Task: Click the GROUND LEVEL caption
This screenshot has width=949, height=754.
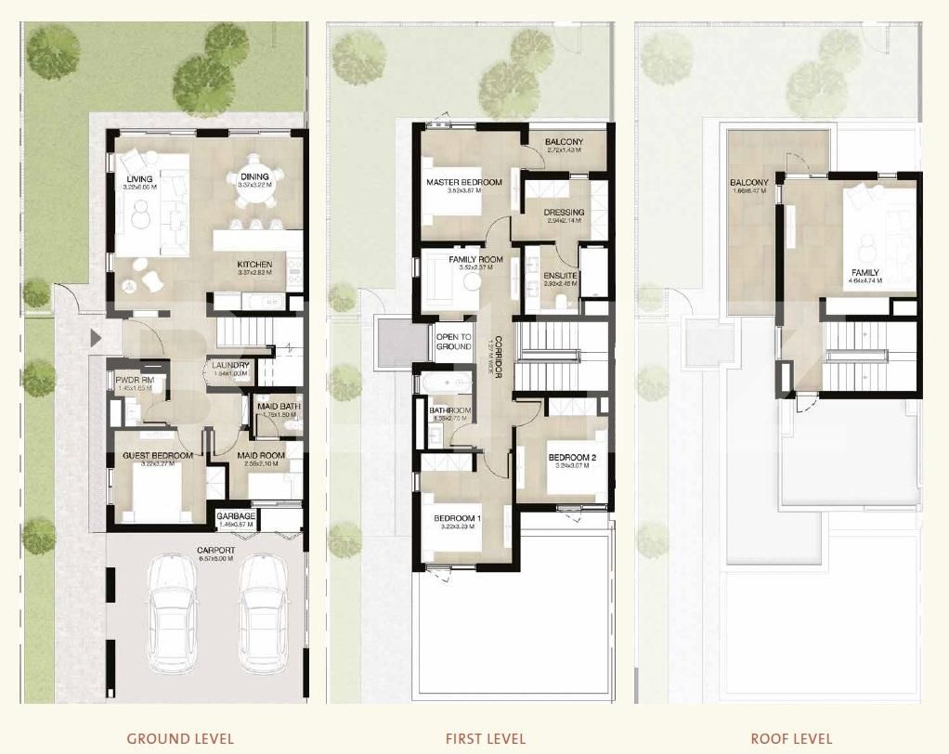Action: (x=180, y=739)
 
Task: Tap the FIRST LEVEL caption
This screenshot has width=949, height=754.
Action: (x=485, y=739)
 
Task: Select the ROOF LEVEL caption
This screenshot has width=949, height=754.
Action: (x=791, y=739)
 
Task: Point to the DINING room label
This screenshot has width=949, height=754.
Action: (x=253, y=176)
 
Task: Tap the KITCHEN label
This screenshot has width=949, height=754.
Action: (x=253, y=265)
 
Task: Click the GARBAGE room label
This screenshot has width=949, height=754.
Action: (x=236, y=516)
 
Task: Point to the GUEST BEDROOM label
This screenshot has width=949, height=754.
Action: (x=158, y=456)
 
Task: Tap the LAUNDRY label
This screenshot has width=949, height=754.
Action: (x=230, y=366)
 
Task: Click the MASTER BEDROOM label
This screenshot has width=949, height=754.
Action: (x=464, y=182)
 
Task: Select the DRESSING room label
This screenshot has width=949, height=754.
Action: (x=564, y=212)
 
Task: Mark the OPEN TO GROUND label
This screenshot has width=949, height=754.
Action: (x=454, y=342)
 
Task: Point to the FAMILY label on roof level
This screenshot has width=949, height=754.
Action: (x=864, y=273)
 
